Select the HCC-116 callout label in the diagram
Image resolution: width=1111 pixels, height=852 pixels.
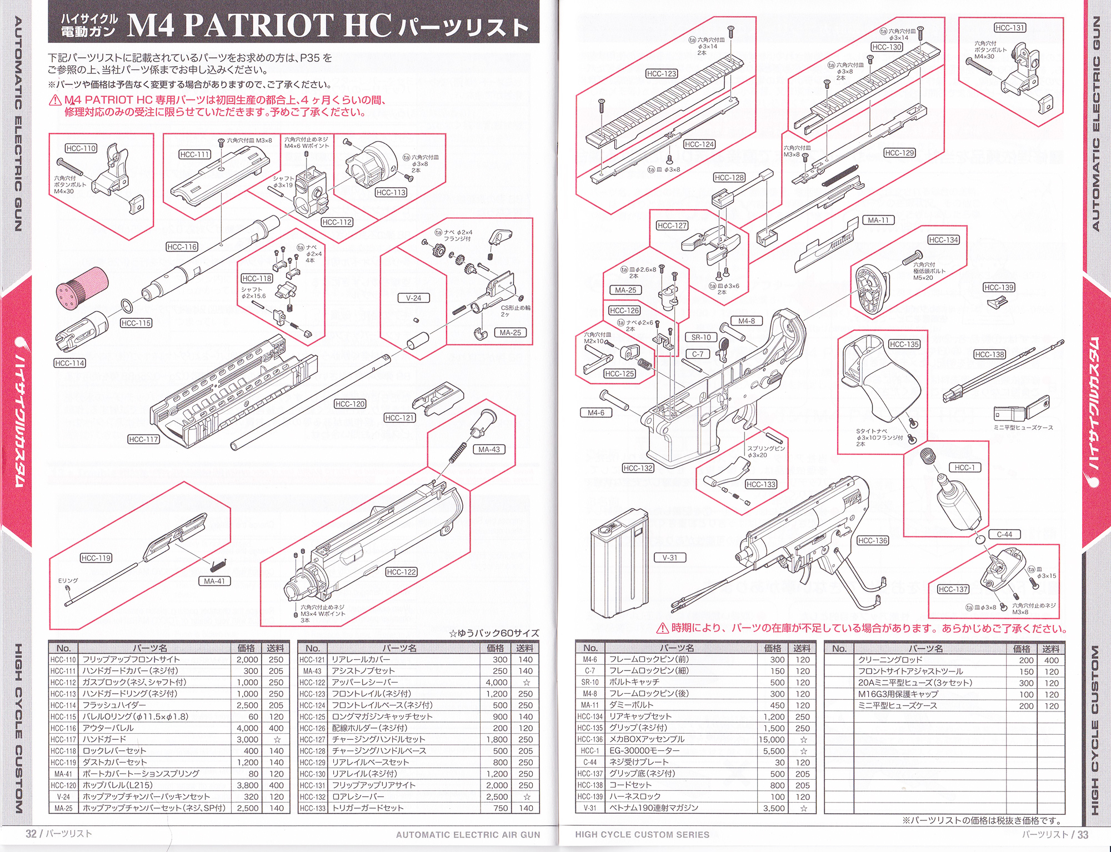point(182,247)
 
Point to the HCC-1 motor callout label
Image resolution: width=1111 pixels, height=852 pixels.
point(964,468)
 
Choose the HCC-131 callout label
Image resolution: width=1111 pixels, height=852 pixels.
point(1010,28)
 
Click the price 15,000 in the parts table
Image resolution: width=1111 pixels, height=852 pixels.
point(772,739)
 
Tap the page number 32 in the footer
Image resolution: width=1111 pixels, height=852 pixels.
point(31,834)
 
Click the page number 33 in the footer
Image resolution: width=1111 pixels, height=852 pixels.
point(1083,834)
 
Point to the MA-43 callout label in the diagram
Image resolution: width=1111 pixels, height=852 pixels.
point(489,449)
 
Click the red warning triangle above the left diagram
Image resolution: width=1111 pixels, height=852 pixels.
point(55,101)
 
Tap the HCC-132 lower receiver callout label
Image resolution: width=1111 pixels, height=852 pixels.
point(638,468)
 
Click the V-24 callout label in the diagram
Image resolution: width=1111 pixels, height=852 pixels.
point(413,298)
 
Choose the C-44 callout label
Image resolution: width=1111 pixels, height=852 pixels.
point(1004,534)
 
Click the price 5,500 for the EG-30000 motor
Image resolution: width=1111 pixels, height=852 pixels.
point(774,751)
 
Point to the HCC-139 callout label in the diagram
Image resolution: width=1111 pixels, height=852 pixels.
point(999,287)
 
